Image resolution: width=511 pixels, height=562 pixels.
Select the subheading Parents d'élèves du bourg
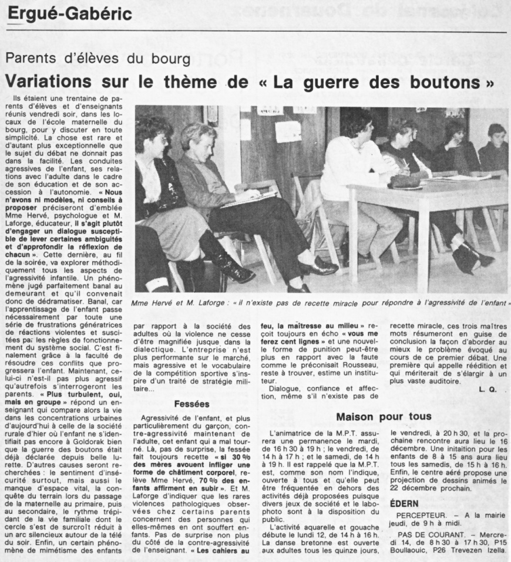(x=98, y=59)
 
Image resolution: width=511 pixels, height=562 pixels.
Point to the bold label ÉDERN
(x=406, y=503)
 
